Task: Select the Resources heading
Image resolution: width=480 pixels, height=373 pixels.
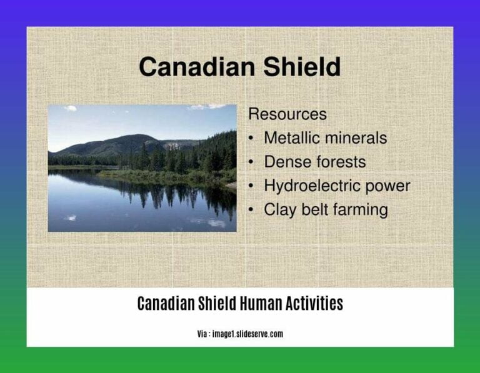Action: click(x=287, y=114)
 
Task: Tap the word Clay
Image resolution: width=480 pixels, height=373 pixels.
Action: click(x=279, y=210)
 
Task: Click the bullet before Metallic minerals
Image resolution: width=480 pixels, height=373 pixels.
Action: click(x=251, y=139)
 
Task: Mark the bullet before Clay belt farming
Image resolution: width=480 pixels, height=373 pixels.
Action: click(x=251, y=211)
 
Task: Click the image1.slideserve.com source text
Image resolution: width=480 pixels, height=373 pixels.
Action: click(x=247, y=334)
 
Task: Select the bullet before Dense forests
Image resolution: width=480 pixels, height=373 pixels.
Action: click(x=251, y=162)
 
